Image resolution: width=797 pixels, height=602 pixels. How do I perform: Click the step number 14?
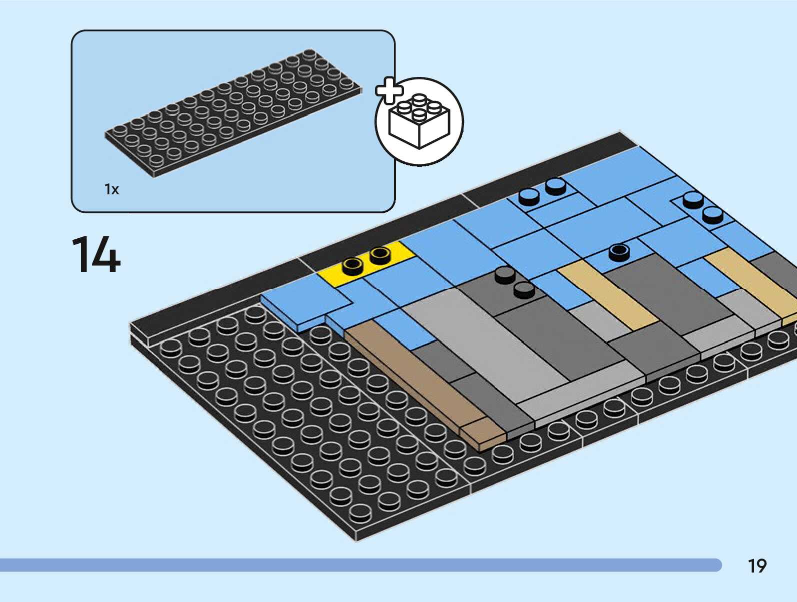coord(96,255)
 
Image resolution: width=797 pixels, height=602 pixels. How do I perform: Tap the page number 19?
coord(757,566)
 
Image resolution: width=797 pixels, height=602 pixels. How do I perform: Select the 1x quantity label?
coord(111,189)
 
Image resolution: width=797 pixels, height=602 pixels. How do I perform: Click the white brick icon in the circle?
coord(419,121)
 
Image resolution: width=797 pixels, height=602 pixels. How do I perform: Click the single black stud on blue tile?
coord(619,251)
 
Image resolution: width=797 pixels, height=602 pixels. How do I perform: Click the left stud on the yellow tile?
coord(353,265)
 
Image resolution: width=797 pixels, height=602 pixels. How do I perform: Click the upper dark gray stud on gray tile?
coord(505,274)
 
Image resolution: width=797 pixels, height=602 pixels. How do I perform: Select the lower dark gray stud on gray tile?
coord(524,289)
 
